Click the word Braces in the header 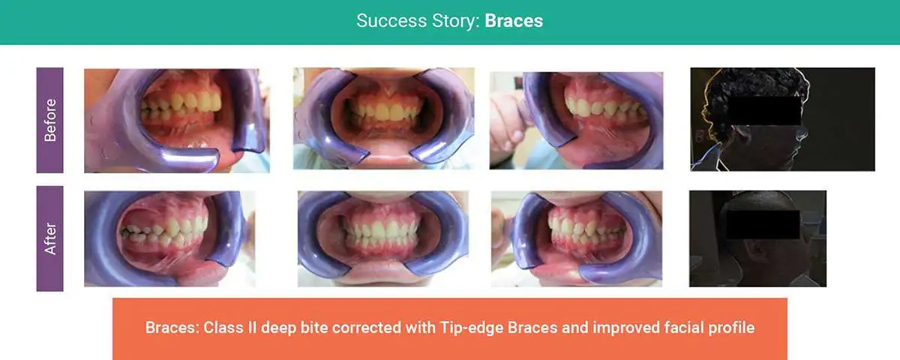[514, 21]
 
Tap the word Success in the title [391, 21]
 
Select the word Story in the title [456, 22]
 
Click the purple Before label [49, 120]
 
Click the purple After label [49, 238]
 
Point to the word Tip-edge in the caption [472, 328]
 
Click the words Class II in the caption [229, 328]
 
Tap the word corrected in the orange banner [367, 328]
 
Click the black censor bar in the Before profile [763, 110]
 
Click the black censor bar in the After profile [763, 224]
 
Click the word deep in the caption [278, 328]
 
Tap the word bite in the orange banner [314, 328]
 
